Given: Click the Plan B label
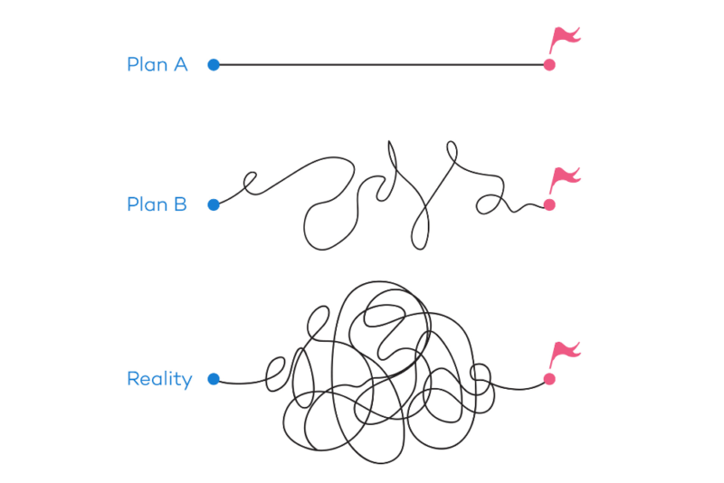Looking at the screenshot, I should (157, 204).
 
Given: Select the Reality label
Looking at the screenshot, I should (159, 379).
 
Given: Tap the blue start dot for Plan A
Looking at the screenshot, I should (214, 64).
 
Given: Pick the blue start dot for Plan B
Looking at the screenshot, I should (214, 204).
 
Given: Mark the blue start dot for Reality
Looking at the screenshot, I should (214, 379).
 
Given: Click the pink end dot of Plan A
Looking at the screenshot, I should (548, 64).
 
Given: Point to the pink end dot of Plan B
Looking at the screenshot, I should (548, 204).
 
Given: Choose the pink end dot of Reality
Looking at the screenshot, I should (548, 379).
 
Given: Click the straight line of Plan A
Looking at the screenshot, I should (380, 64).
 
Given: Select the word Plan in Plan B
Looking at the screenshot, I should (145, 204).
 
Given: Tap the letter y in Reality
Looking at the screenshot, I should (186, 382).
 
